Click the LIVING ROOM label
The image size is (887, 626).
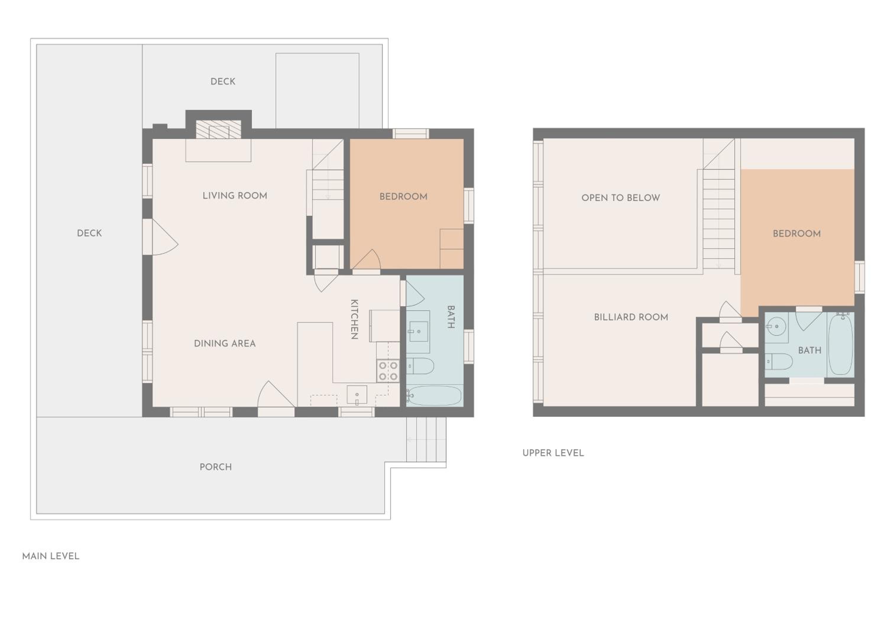pos(235,196)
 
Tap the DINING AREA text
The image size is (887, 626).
pos(225,344)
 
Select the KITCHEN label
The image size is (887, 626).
pos(354,319)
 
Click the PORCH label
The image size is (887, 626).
pos(216,467)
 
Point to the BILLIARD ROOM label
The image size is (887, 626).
pos(631,317)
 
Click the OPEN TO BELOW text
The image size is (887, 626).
pos(621,198)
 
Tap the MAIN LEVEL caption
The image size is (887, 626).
pos(51,556)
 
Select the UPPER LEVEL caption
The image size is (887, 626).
pos(553,453)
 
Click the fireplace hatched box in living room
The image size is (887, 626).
pos(218,129)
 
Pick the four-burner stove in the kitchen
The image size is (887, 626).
pos(388,370)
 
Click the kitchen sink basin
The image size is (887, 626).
pos(357,395)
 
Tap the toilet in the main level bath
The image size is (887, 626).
pos(420,366)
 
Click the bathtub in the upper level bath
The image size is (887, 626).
pos(841,344)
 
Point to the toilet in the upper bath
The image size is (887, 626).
pos(779,362)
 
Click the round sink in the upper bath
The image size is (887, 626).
pos(776,327)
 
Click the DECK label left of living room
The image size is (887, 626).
pos(89,233)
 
